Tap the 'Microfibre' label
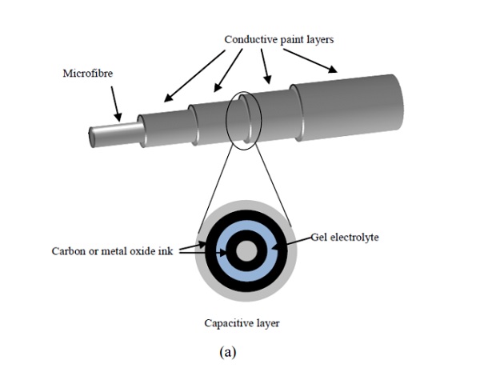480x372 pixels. [x=88, y=74]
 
